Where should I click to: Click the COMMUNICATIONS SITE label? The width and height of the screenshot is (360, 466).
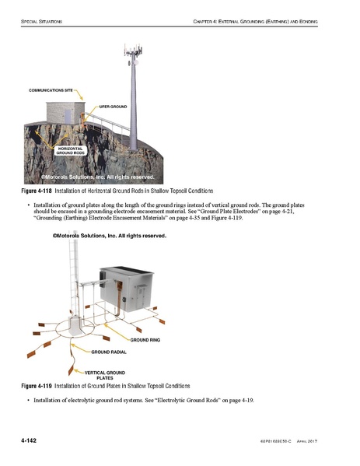coord(51,91)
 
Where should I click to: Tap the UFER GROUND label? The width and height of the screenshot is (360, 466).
coord(114,104)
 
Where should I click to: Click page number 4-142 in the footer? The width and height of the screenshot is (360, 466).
coord(31,441)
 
